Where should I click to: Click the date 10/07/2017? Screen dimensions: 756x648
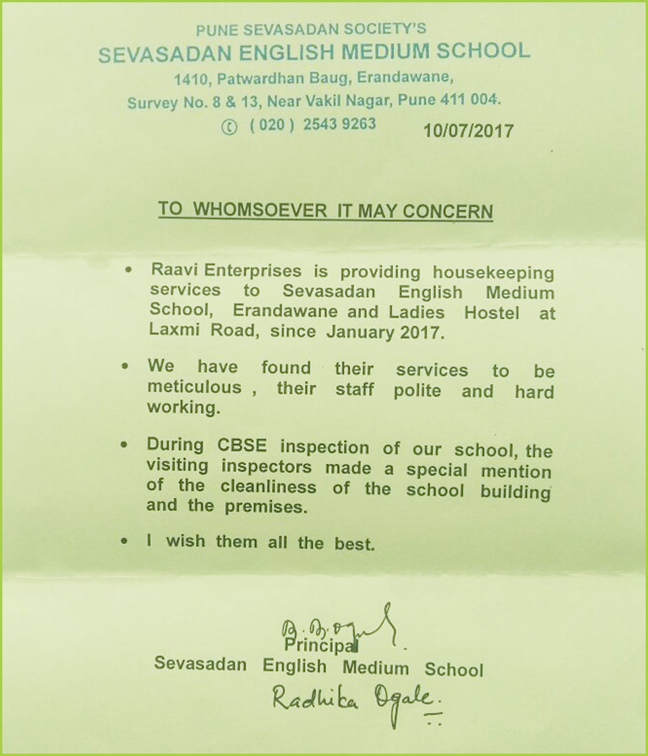(x=468, y=131)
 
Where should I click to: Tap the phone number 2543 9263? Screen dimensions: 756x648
(x=339, y=124)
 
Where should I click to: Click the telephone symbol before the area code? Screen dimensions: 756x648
(x=229, y=127)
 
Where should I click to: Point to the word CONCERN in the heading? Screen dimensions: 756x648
(x=448, y=212)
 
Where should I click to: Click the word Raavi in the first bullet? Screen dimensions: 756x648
(x=174, y=270)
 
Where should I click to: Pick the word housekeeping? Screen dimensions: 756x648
(x=493, y=273)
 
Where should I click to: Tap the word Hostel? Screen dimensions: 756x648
(x=492, y=313)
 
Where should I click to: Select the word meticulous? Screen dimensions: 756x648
(x=194, y=387)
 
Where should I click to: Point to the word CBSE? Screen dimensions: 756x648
(x=242, y=446)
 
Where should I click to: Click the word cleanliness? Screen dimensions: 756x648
(x=268, y=487)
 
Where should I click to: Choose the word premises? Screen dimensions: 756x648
(x=266, y=507)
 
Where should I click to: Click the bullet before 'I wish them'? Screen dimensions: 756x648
(x=124, y=541)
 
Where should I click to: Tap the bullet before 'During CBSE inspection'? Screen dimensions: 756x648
(x=124, y=445)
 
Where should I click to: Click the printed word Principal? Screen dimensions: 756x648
(x=320, y=645)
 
